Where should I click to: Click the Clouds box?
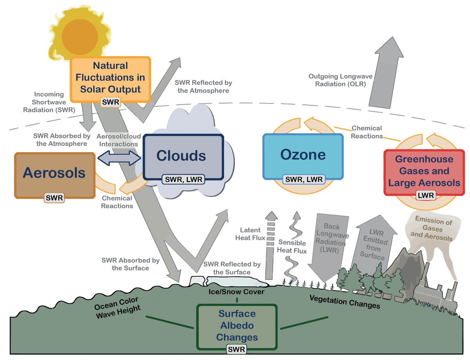tap(181, 156)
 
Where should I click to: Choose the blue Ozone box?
tap(303, 155)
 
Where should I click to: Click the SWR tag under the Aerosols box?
tap(54, 198)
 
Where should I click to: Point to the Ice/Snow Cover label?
tap(236, 292)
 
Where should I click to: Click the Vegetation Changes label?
tap(345, 302)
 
